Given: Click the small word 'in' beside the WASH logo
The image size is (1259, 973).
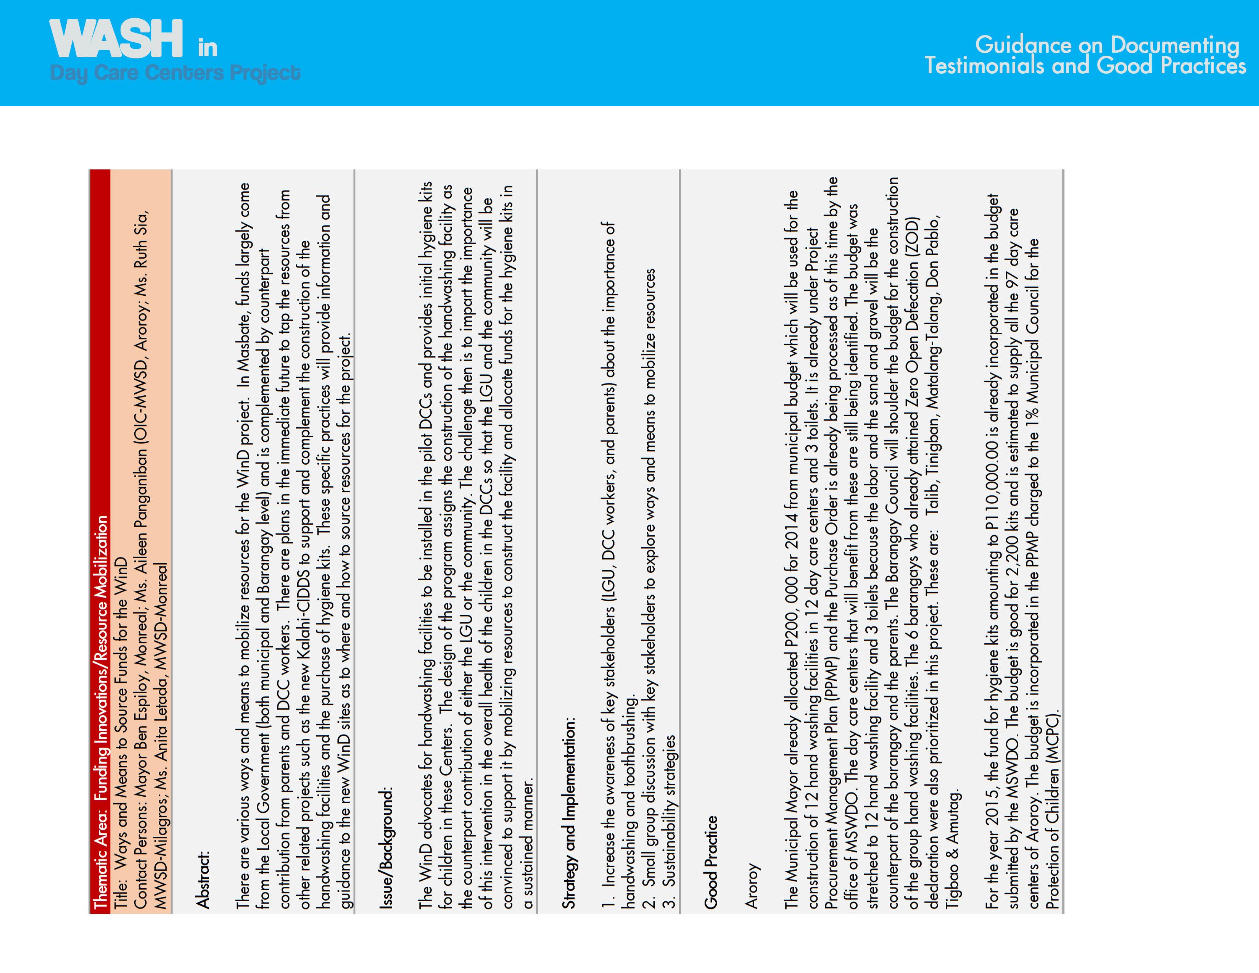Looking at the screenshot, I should (208, 48).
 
